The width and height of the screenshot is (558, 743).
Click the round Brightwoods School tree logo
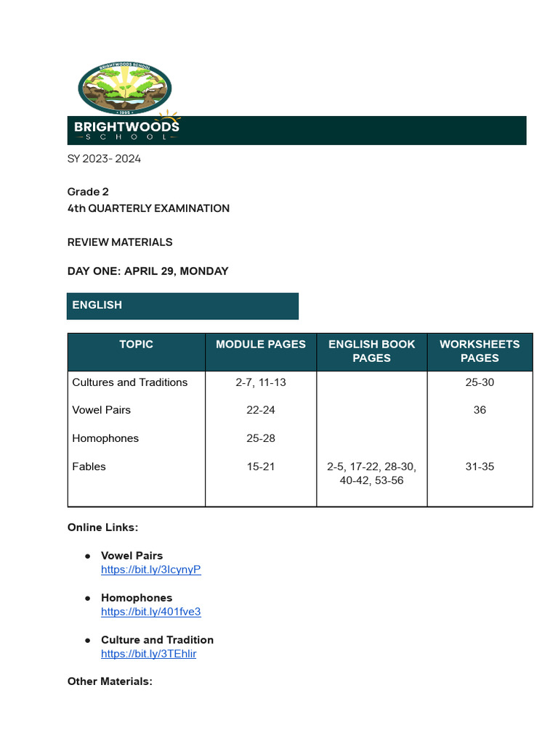124,88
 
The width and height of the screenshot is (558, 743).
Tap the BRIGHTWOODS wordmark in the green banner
126,127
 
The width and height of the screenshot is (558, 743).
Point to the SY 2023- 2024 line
104,159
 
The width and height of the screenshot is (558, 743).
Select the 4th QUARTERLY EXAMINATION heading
148,208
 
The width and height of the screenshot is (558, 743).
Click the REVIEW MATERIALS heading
120,242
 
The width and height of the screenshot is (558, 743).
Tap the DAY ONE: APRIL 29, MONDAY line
147,271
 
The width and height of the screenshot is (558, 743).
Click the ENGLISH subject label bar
182,305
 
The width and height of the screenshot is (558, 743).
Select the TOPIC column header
137,345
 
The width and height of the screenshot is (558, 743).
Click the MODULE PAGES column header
261,345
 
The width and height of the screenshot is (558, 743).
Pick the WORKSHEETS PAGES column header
480,351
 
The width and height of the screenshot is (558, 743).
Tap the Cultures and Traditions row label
130,382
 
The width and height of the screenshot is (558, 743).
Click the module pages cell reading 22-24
261,410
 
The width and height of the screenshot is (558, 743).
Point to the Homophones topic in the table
105,438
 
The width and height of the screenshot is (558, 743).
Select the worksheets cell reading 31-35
480,467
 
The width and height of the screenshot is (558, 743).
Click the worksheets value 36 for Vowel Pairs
480,410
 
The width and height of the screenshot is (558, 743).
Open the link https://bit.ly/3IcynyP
151,570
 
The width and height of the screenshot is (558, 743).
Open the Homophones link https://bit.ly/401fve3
151,612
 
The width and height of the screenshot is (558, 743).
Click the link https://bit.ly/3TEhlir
149,654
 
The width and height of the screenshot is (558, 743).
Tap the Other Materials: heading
110,681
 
